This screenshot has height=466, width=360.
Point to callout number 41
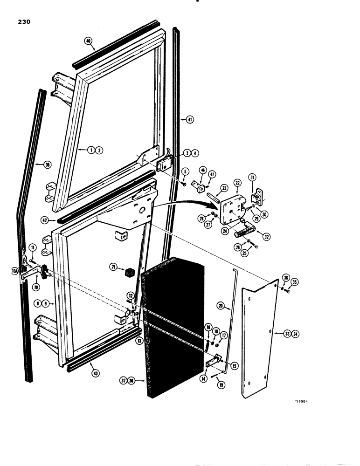[x=190, y=119]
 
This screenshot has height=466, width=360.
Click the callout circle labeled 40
[x=88, y=41]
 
